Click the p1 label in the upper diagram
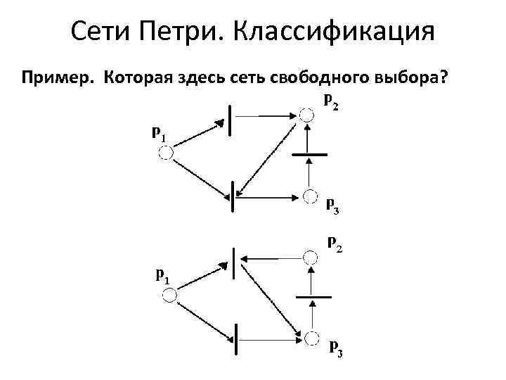(160, 134)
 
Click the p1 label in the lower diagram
(162, 275)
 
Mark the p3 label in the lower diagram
(335, 348)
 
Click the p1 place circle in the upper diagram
(167, 153)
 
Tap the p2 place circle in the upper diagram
(306, 115)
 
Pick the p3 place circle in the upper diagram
(309, 195)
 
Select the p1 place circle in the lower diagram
(169, 296)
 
